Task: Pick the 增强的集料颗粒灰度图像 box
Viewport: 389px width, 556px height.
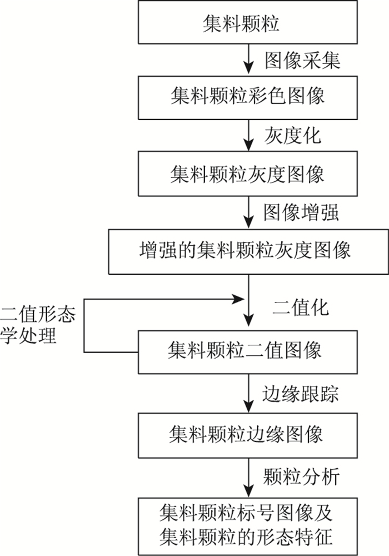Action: coord(245,251)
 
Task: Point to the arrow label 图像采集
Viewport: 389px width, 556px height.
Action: coord(302,60)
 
